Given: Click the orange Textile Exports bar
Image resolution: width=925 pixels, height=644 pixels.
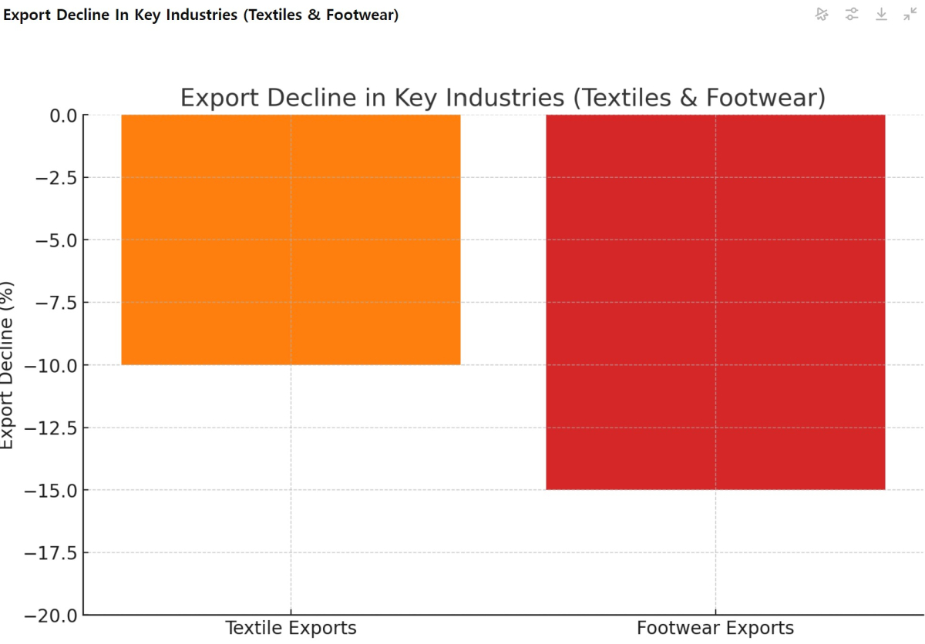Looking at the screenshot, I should pyautogui.click(x=291, y=240).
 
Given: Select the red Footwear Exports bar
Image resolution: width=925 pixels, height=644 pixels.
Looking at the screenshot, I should pyautogui.click(x=715, y=302).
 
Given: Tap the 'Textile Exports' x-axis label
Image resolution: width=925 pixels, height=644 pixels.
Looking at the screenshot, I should pyautogui.click(x=291, y=628).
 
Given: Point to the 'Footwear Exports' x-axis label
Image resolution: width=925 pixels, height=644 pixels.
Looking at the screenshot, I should pyautogui.click(x=715, y=628).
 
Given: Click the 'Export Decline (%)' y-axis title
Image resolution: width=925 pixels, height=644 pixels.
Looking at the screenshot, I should pyautogui.click(x=8, y=364).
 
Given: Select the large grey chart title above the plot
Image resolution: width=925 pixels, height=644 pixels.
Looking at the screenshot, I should pyautogui.click(x=503, y=98).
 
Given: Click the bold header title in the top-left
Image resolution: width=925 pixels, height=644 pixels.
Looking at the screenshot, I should pyautogui.click(x=201, y=15).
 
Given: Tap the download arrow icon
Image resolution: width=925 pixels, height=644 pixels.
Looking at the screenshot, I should pyautogui.click(x=881, y=14).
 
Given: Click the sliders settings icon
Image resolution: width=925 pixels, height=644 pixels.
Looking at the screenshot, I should pyautogui.click(x=852, y=14).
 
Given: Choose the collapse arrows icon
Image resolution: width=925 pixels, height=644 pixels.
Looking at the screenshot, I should pyautogui.click(x=910, y=14).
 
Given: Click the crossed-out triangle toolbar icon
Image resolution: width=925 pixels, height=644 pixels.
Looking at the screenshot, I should pyautogui.click(x=822, y=14).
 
